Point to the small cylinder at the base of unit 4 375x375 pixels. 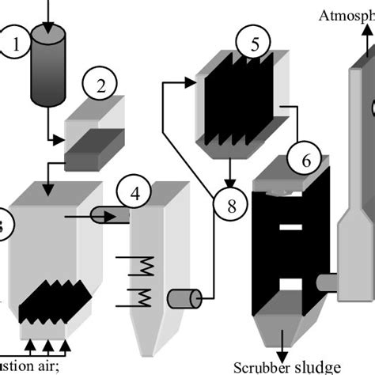[x=184, y=298]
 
